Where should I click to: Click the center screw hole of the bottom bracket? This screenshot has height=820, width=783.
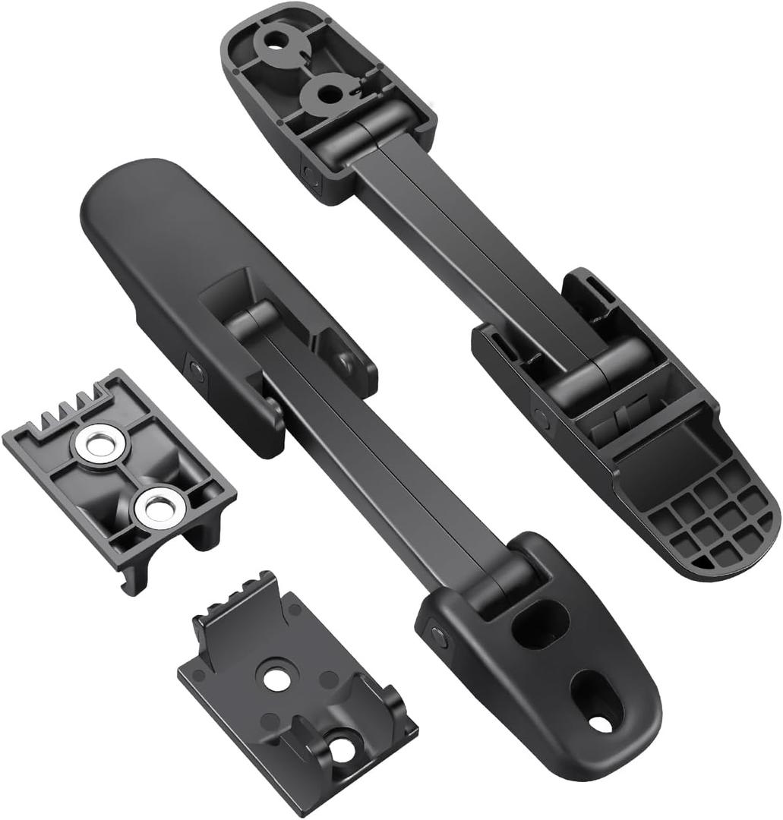[x=276, y=678]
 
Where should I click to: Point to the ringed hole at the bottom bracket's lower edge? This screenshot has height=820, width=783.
[x=341, y=749]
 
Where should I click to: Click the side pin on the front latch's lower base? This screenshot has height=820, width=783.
[x=437, y=636]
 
